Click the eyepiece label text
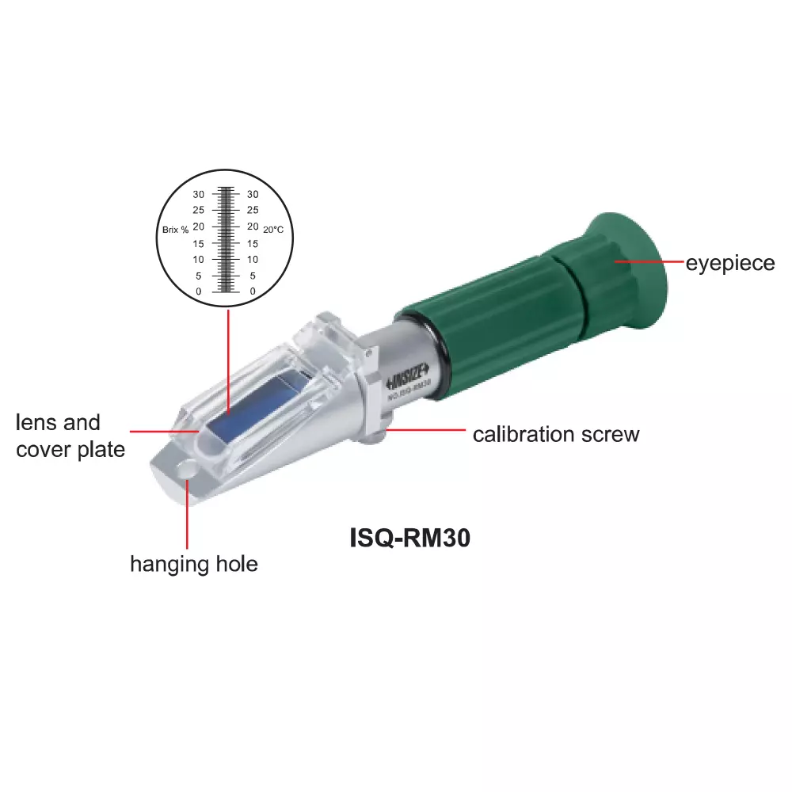coord(730,263)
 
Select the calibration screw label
coord(555,435)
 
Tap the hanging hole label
coord(194,565)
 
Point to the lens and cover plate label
coord(70,436)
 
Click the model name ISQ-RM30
coord(410,539)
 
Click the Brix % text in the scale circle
coord(175,230)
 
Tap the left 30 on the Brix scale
coord(198,194)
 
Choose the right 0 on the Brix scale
coord(253,292)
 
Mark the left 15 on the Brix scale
coord(198,243)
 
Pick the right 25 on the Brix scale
coord(253,211)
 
